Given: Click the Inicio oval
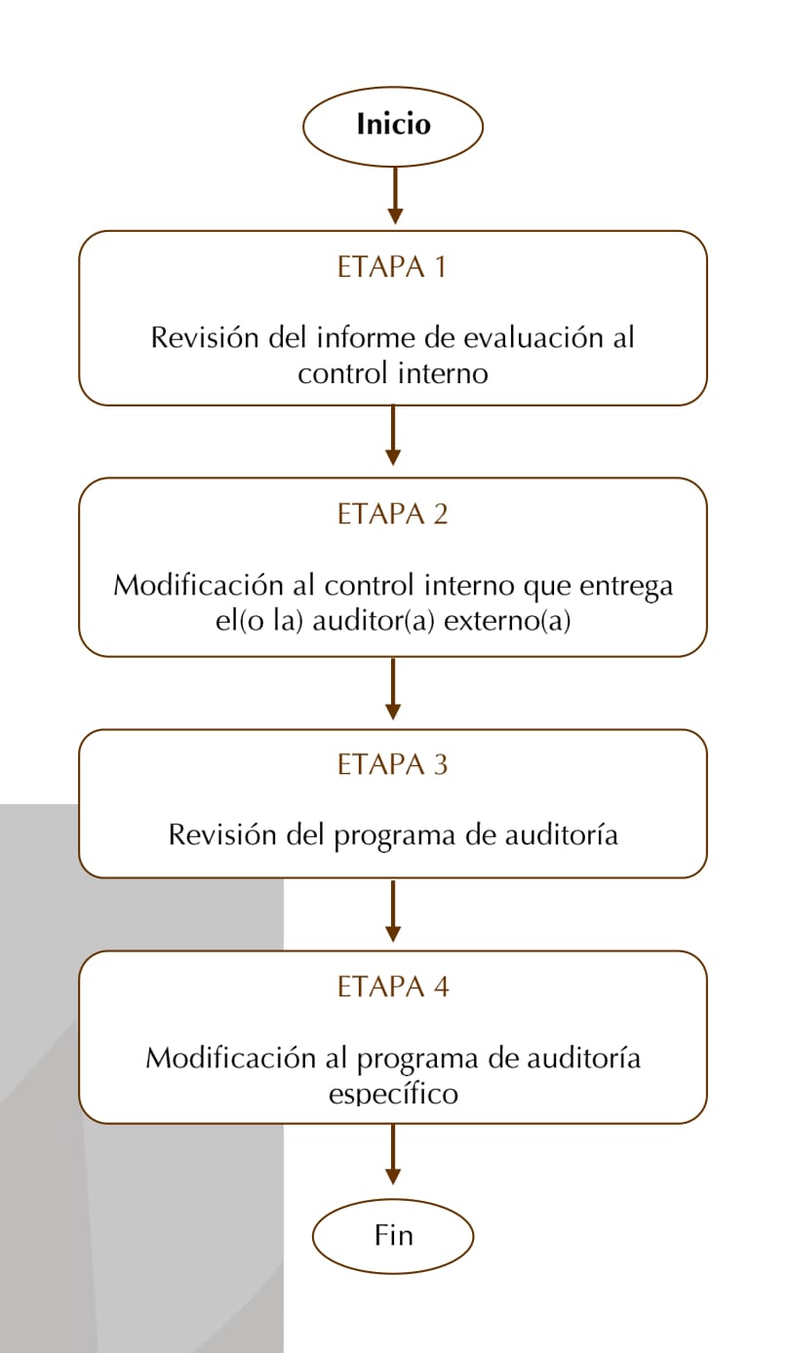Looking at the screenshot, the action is (x=393, y=127).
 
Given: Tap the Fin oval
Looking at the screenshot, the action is (x=393, y=1236).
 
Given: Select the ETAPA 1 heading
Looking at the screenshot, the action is (x=392, y=267).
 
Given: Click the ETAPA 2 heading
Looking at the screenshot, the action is (x=393, y=514).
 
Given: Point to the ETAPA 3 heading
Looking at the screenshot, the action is (x=393, y=764).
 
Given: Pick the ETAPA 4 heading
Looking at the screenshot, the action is (x=393, y=986).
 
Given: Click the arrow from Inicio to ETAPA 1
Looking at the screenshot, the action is (x=395, y=196).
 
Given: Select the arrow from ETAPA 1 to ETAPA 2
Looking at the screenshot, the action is (x=393, y=435).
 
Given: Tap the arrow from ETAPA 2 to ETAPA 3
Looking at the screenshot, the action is (x=393, y=688).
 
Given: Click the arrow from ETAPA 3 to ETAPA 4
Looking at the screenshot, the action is (x=393, y=910).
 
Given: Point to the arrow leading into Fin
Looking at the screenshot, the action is (x=393, y=1154).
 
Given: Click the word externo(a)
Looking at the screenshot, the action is (x=507, y=622).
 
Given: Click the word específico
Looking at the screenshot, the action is (x=393, y=1095).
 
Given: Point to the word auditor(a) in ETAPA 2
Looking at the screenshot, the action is (x=374, y=622).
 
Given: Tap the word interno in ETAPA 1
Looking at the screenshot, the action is (x=444, y=373).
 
